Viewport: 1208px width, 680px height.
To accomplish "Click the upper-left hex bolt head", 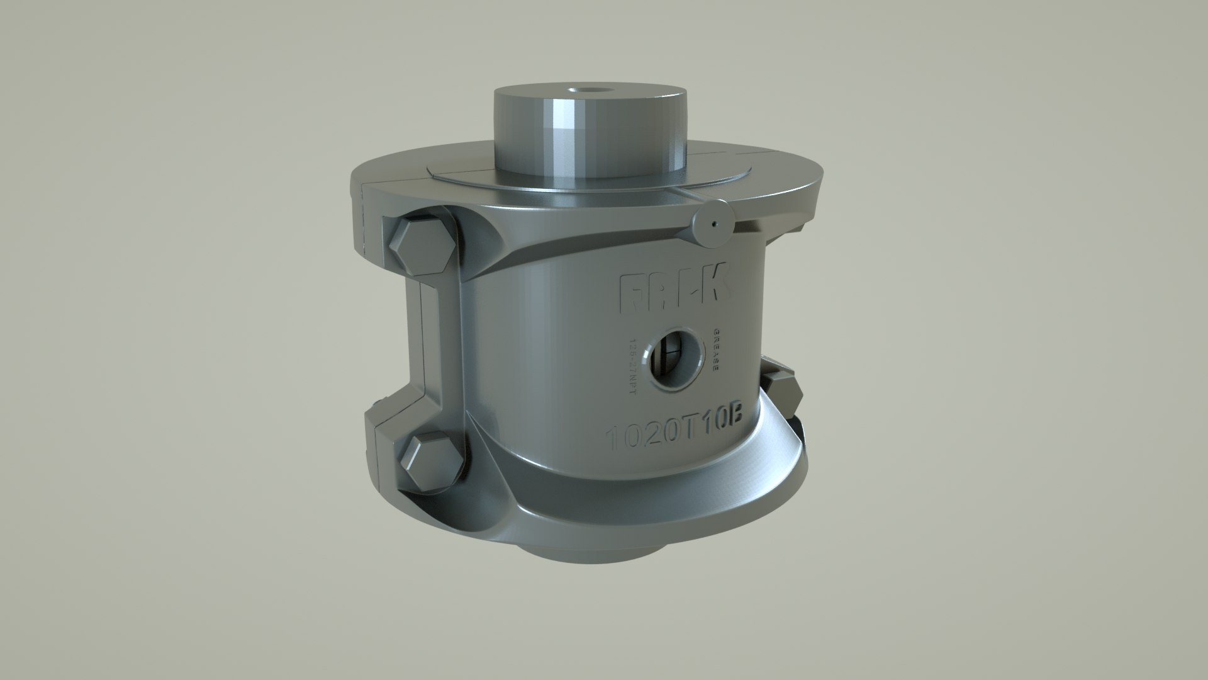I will click(420, 247).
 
